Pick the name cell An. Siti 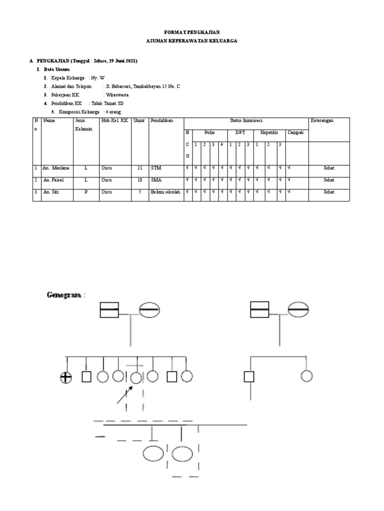tap(52, 192)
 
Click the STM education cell tap(156, 168)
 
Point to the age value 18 tap(139, 180)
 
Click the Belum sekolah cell tap(165, 192)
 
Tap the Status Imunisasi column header tap(246, 121)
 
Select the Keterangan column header tap(322, 121)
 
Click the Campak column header tap(295, 133)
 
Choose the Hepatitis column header tap(268, 133)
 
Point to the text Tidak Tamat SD tap(105, 103)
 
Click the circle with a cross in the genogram tap(66, 377)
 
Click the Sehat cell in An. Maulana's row tap(328, 168)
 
